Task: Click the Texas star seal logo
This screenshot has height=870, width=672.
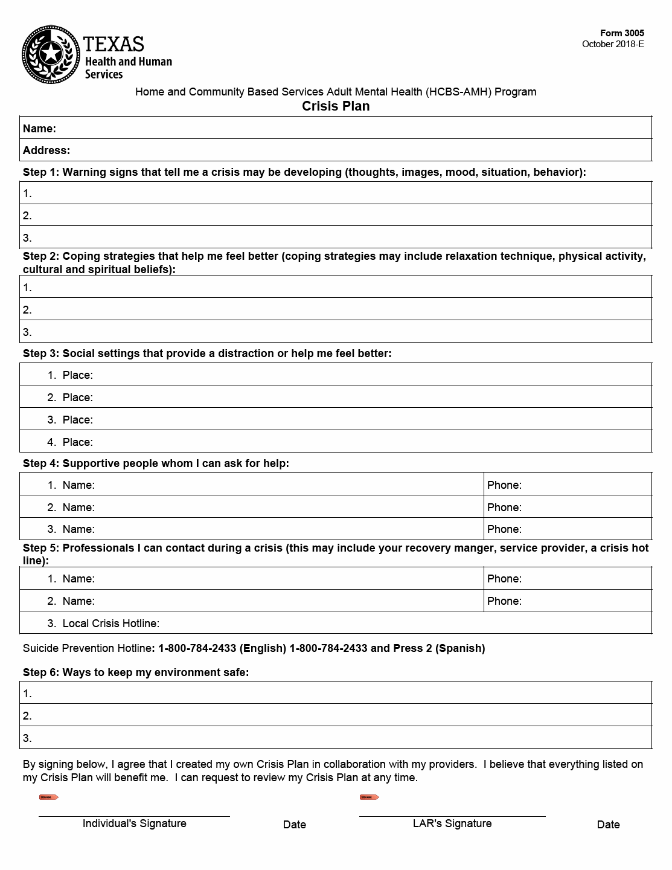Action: point(51,55)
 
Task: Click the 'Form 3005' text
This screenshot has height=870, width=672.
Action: point(622,33)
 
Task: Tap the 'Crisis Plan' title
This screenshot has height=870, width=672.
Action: point(336,106)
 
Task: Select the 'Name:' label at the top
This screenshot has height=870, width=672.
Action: point(39,129)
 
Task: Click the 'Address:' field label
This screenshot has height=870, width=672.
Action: point(46,150)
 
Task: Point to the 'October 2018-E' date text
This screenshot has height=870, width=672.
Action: point(613,44)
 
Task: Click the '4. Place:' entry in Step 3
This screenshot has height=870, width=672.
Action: point(71,442)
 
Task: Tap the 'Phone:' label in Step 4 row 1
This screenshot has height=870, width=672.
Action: point(504,485)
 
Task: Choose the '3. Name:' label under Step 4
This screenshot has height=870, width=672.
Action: point(71,529)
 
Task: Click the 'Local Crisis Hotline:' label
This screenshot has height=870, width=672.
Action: point(110,623)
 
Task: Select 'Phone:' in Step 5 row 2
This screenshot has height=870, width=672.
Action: point(504,601)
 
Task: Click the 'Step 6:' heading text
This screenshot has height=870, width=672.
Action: point(41,672)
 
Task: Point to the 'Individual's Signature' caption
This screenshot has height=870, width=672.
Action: point(134,823)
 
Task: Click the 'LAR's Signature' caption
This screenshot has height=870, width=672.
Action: point(452,823)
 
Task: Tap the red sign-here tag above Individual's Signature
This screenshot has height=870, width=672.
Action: point(49,797)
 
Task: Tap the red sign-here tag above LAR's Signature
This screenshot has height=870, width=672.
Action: point(370,797)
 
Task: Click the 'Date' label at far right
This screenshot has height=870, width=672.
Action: point(608,825)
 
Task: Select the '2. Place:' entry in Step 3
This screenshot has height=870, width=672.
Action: point(71,398)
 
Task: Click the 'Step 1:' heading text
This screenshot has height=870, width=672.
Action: point(41,172)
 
